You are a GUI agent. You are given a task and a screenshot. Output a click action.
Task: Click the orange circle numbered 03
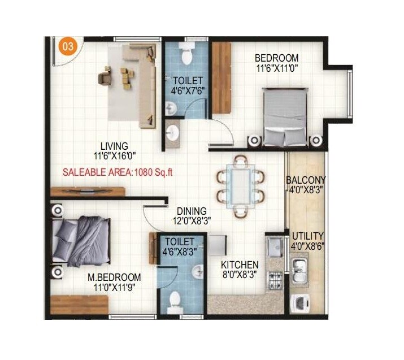coord(67,47)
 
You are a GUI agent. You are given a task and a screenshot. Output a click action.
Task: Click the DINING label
coord(190,211)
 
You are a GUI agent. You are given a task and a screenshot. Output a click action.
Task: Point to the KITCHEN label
coord(240,264)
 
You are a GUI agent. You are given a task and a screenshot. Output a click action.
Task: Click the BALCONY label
coord(305,180)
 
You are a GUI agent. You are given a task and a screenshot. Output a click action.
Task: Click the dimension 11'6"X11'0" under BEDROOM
coord(276,68)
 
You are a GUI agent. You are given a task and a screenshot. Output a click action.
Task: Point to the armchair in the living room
coord(105,77)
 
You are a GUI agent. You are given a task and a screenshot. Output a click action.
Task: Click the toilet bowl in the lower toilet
coord(175,300)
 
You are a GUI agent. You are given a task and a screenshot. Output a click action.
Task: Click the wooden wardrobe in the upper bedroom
coord(221,77)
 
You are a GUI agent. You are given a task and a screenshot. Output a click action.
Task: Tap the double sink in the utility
coord(298,265)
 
